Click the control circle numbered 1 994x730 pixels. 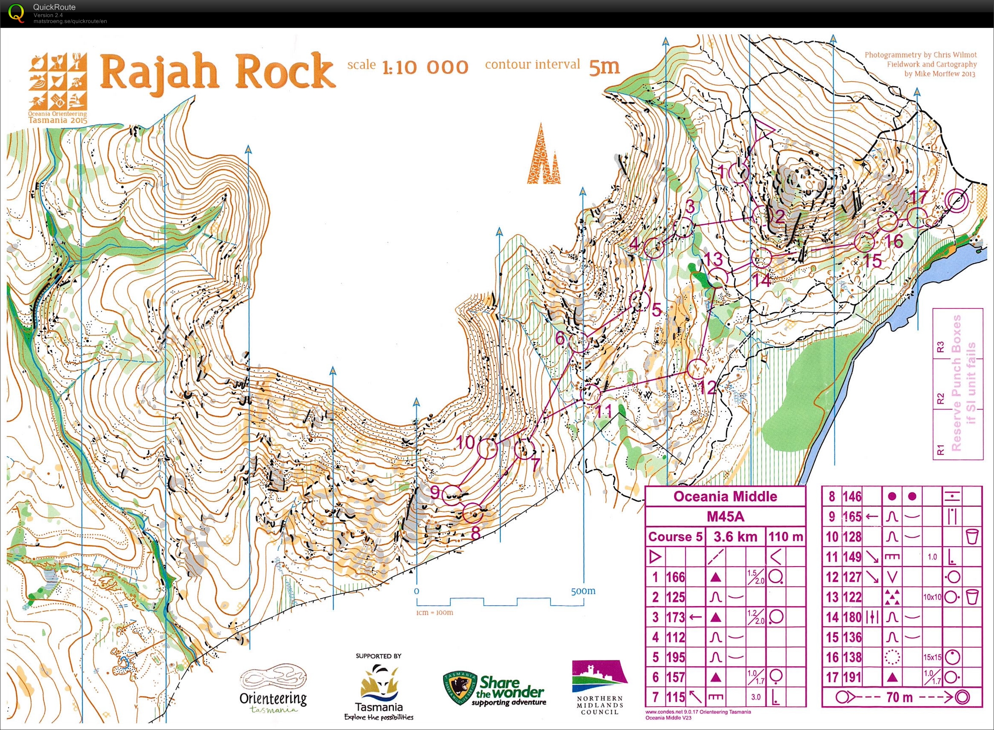pos(738,173)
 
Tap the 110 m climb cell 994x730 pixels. pos(785,537)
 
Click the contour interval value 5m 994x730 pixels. pos(604,66)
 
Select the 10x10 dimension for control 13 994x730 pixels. pos(932,598)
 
